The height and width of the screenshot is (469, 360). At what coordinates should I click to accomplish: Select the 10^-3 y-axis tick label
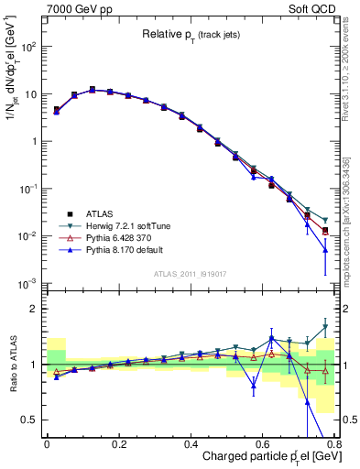tap(28, 283)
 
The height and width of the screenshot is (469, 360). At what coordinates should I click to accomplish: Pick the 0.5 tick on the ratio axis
tap(29, 420)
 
